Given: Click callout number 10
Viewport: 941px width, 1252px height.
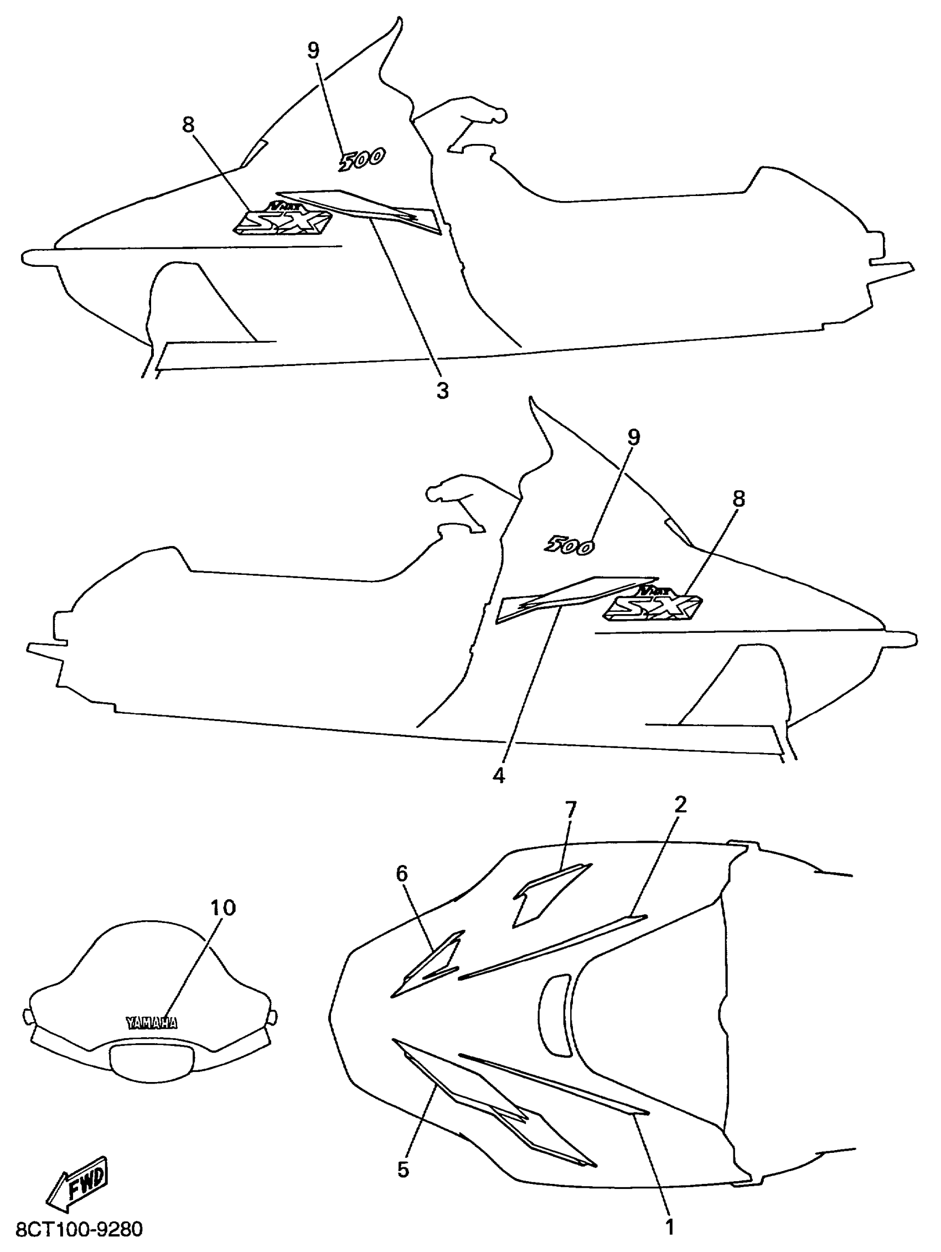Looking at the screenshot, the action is coord(223,908).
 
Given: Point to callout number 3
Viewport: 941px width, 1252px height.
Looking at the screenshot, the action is coord(442,390).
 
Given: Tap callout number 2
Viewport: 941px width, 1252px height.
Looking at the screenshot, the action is coord(680,804).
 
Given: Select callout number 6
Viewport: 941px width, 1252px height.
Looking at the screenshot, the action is coord(401,873).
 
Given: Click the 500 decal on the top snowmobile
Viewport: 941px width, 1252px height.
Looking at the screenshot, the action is coord(362,159).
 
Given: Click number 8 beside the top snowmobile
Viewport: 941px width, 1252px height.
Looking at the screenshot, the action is coord(188,125).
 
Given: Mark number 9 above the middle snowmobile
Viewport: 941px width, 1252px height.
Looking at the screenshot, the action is coord(633,437).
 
